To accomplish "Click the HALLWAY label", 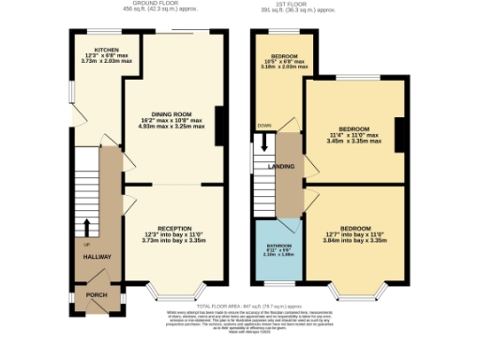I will (97, 256).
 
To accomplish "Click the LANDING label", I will (280, 166).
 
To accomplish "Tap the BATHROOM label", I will (277, 245).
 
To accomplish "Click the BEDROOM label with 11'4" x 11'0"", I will (353, 127).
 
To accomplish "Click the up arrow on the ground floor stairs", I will (86, 226).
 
